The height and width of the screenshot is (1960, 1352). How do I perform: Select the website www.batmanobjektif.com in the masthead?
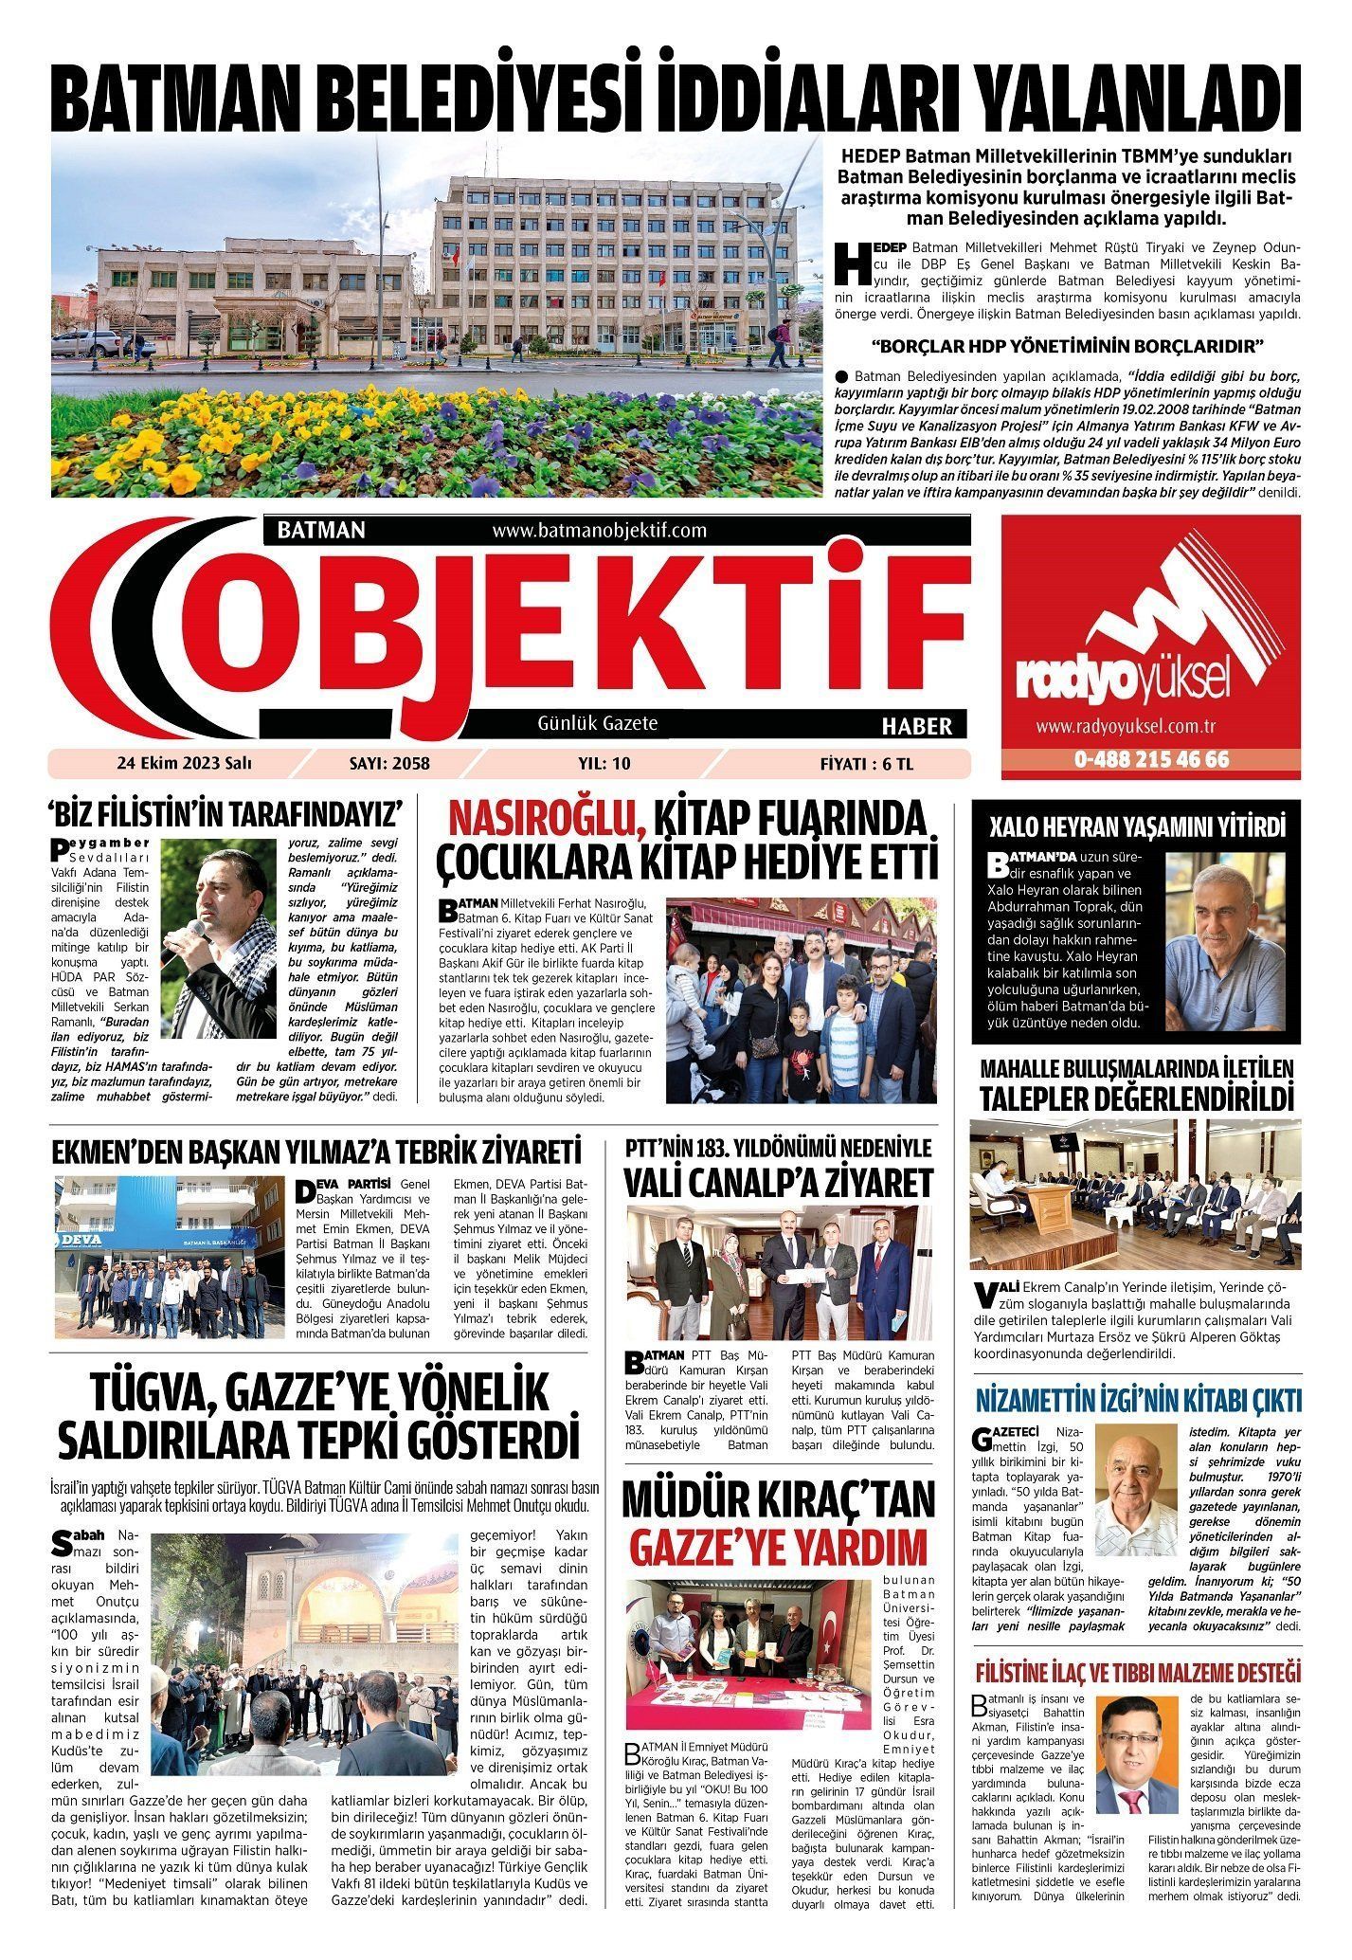[600, 531]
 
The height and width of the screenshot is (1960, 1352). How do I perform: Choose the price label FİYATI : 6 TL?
[866, 764]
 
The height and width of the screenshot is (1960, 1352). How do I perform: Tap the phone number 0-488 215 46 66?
[1151, 760]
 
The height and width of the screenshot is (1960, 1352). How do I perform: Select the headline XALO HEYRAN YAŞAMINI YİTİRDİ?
[1137, 827]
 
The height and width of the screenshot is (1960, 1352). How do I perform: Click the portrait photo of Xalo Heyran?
[1225, 941]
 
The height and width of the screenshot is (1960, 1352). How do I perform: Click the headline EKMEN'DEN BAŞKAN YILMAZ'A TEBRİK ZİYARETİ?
[315, 1152]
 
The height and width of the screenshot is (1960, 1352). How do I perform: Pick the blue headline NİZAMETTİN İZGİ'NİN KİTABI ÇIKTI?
[1138, 1400]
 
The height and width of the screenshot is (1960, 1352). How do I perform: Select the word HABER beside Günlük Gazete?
[916, 726]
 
